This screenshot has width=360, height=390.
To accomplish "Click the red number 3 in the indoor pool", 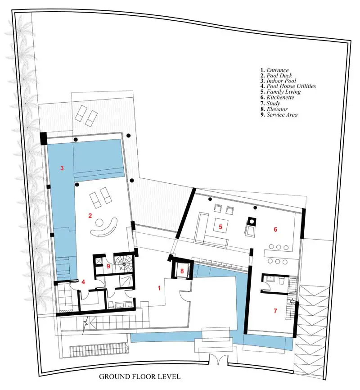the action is click(x=62, y=168).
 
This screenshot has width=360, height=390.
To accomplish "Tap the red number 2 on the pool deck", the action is click(x=90, y=216).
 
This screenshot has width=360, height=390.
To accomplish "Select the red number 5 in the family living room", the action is click(x=220, y=227).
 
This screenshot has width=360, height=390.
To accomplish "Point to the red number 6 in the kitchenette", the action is click(x=275, y=229).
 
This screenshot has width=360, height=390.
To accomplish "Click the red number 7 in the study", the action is click(x=275, y=311).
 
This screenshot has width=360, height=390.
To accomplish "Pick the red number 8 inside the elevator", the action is click(x=182, y=271).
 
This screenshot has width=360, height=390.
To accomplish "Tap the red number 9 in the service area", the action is click(x=108, y=267).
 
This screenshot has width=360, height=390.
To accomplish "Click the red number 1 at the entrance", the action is click(x=159, y=288).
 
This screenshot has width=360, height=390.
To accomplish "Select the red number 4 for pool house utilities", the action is click(x=83, y=282).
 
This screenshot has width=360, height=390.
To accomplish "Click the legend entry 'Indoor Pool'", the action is click(x=281, y=81).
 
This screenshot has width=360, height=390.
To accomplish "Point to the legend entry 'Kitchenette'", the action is click(x=280, y=97).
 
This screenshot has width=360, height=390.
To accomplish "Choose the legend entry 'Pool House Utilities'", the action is click(x=291, y=86).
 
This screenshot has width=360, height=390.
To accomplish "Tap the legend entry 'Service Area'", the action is click(x=282, y=115).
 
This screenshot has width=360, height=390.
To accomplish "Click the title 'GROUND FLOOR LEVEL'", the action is click(x=139, y=376).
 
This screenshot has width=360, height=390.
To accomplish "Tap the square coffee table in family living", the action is click(x=221, y=225).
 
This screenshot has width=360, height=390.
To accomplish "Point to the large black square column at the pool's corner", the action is click(x=44, y=139).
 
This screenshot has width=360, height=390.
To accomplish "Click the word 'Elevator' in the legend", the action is click(x=277, y=109).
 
